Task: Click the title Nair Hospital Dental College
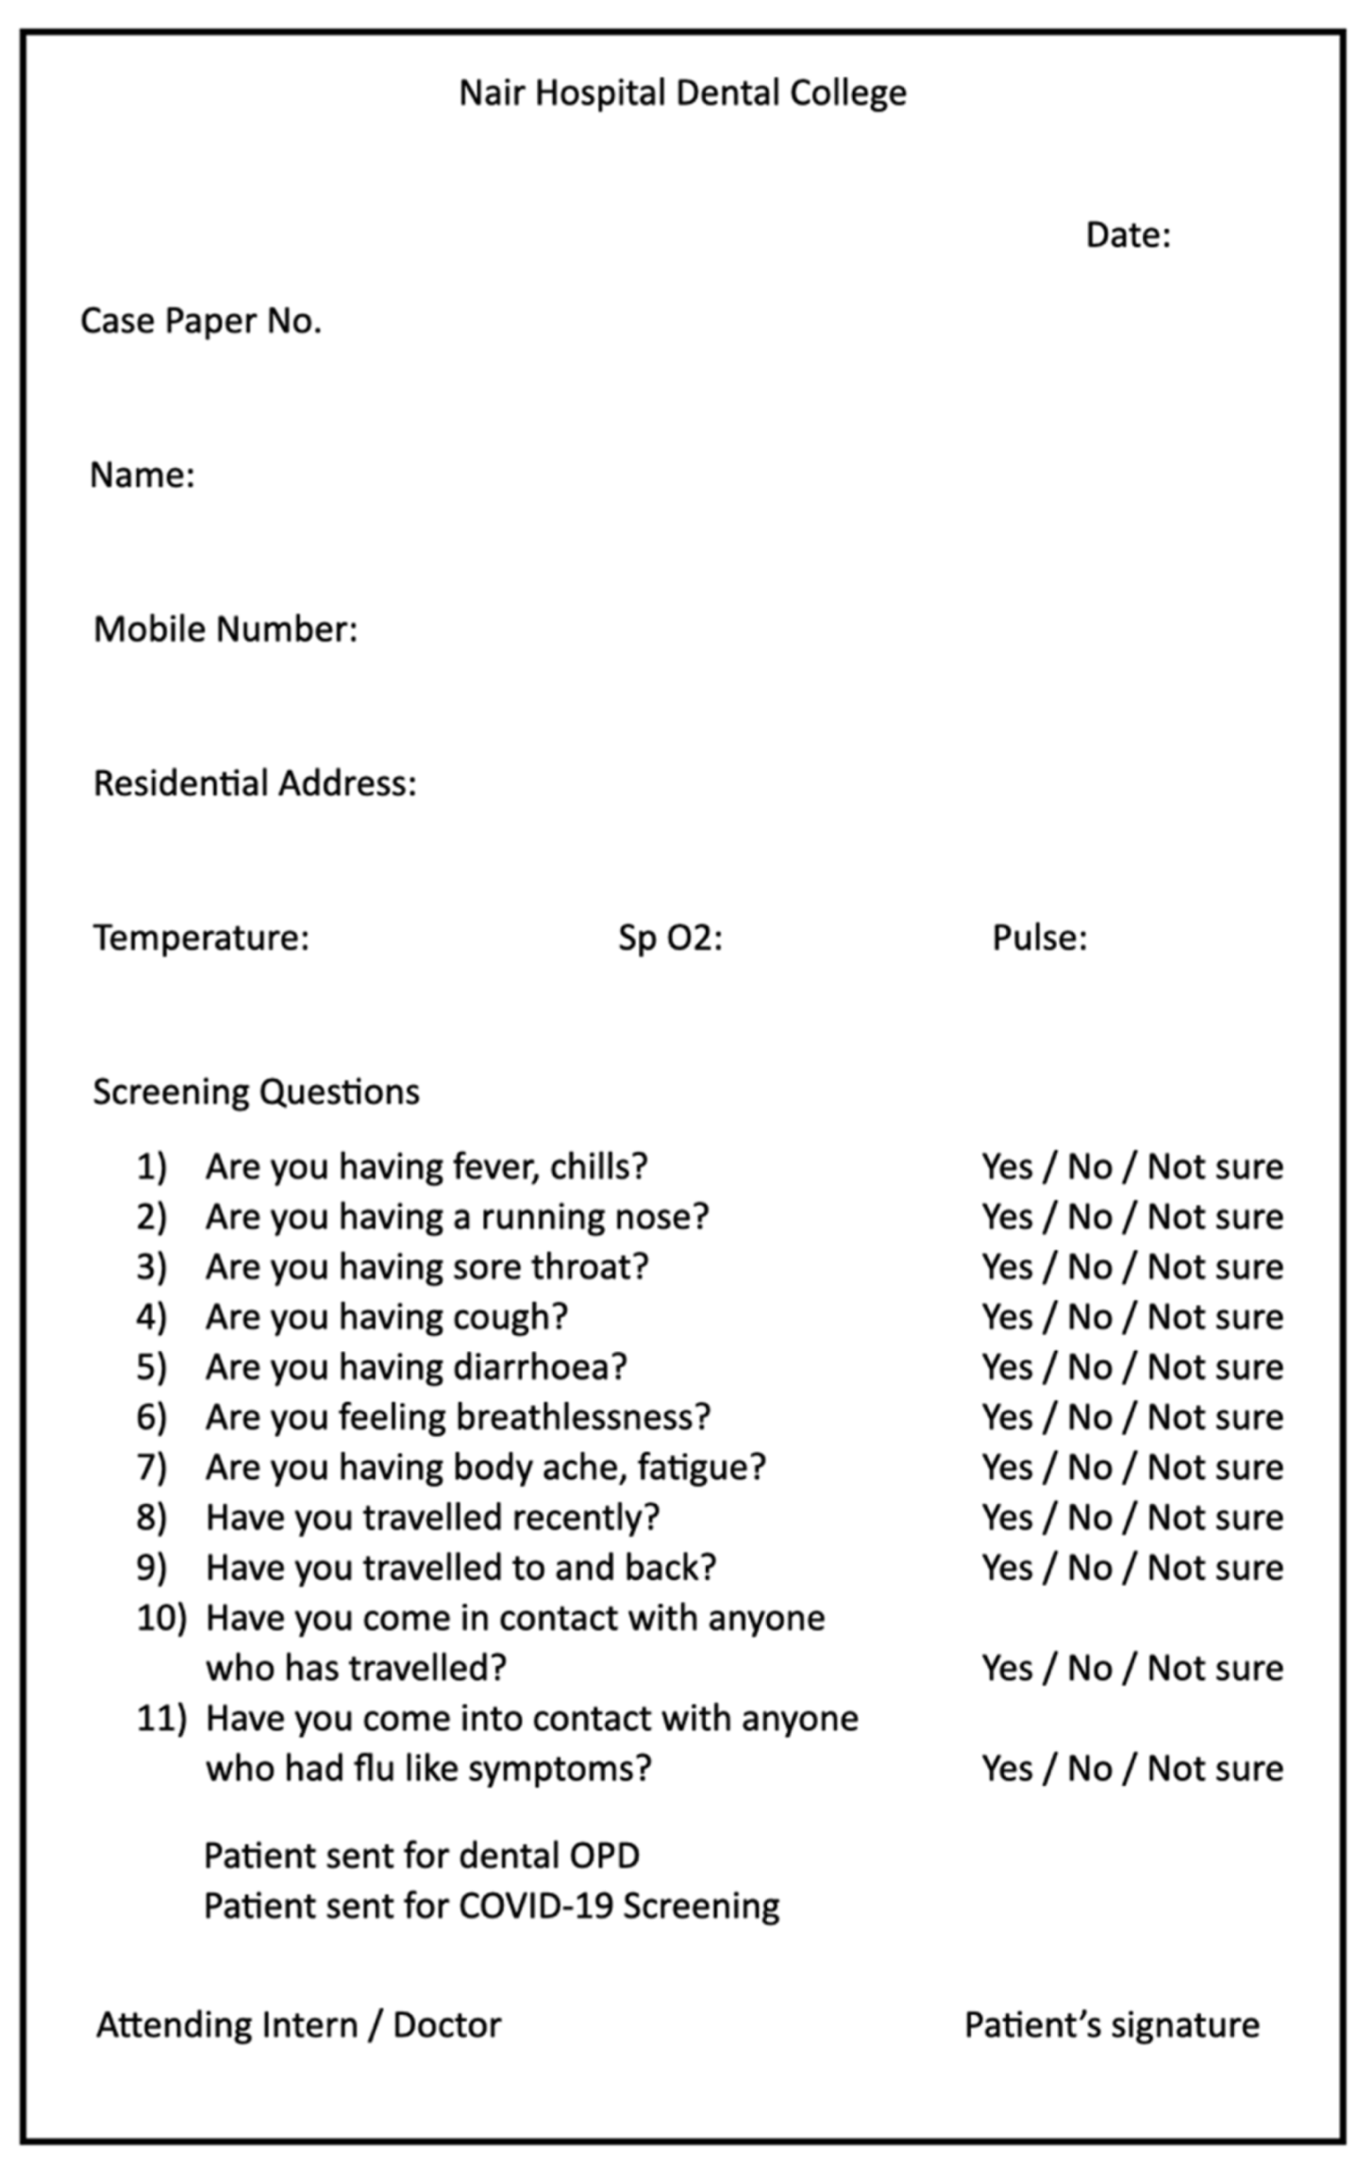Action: click(682, 93)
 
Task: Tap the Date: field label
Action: click(1128, 235)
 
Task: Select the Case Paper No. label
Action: click(201, 321)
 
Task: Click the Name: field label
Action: click(142, 475)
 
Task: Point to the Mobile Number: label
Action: click(226, 629)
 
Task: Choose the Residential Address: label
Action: click(255, 783)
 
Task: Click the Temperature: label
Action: click(201, 938)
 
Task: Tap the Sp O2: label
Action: click(670, 938)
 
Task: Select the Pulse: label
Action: click(1039, 938)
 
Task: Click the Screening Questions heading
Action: click(256, 1092)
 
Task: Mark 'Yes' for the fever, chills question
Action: click(1007, 1167)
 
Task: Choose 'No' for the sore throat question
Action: click(1089, 1267)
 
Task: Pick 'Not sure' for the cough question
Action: click(1215, 1317)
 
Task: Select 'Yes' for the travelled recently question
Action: click(1007, 1517)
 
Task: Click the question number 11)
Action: click(161, 1718)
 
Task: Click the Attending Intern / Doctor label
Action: click(298, 2025)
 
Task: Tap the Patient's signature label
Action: click(1112, 2025)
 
